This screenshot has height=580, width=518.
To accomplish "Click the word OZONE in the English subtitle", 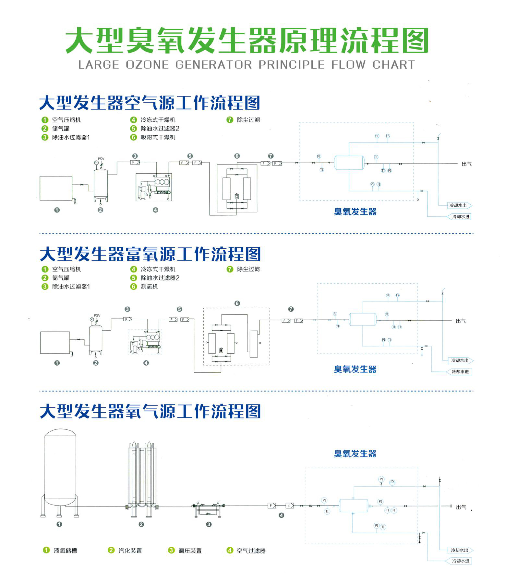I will tap(147, 65).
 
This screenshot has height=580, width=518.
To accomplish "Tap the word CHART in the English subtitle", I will tap(393, 65).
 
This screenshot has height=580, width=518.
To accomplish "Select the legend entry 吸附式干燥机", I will tap(158, 137).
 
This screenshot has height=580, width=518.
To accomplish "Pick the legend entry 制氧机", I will tap(149, 287).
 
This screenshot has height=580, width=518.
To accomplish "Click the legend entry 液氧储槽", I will tap(65, 551).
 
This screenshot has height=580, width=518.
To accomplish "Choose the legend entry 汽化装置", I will tap(130, 551).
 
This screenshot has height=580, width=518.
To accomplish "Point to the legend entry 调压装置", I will tap(190, 551).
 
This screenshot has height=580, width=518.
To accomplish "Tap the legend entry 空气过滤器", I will tap(251, 551).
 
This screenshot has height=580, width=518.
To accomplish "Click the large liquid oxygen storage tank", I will tap(60, 466).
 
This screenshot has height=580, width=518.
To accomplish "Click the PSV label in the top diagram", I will tap(101, 159).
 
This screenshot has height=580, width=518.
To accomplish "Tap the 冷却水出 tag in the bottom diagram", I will tap(460, 550).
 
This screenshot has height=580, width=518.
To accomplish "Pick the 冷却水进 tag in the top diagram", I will tap(461, 217).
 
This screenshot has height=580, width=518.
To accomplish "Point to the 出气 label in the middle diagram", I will tap(461, 321).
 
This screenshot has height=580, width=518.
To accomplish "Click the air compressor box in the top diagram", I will tap(56, 188).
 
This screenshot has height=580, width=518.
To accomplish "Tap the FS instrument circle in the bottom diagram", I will tap(392, 482).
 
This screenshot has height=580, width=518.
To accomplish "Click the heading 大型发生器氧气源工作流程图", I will tap(150, 412).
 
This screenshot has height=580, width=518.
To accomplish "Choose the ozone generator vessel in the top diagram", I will tap(349, 163).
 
